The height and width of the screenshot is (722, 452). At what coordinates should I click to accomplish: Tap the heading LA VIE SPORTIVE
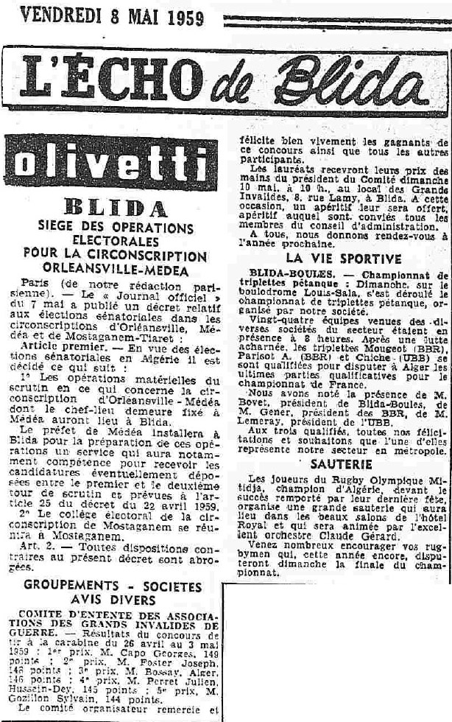345,259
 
